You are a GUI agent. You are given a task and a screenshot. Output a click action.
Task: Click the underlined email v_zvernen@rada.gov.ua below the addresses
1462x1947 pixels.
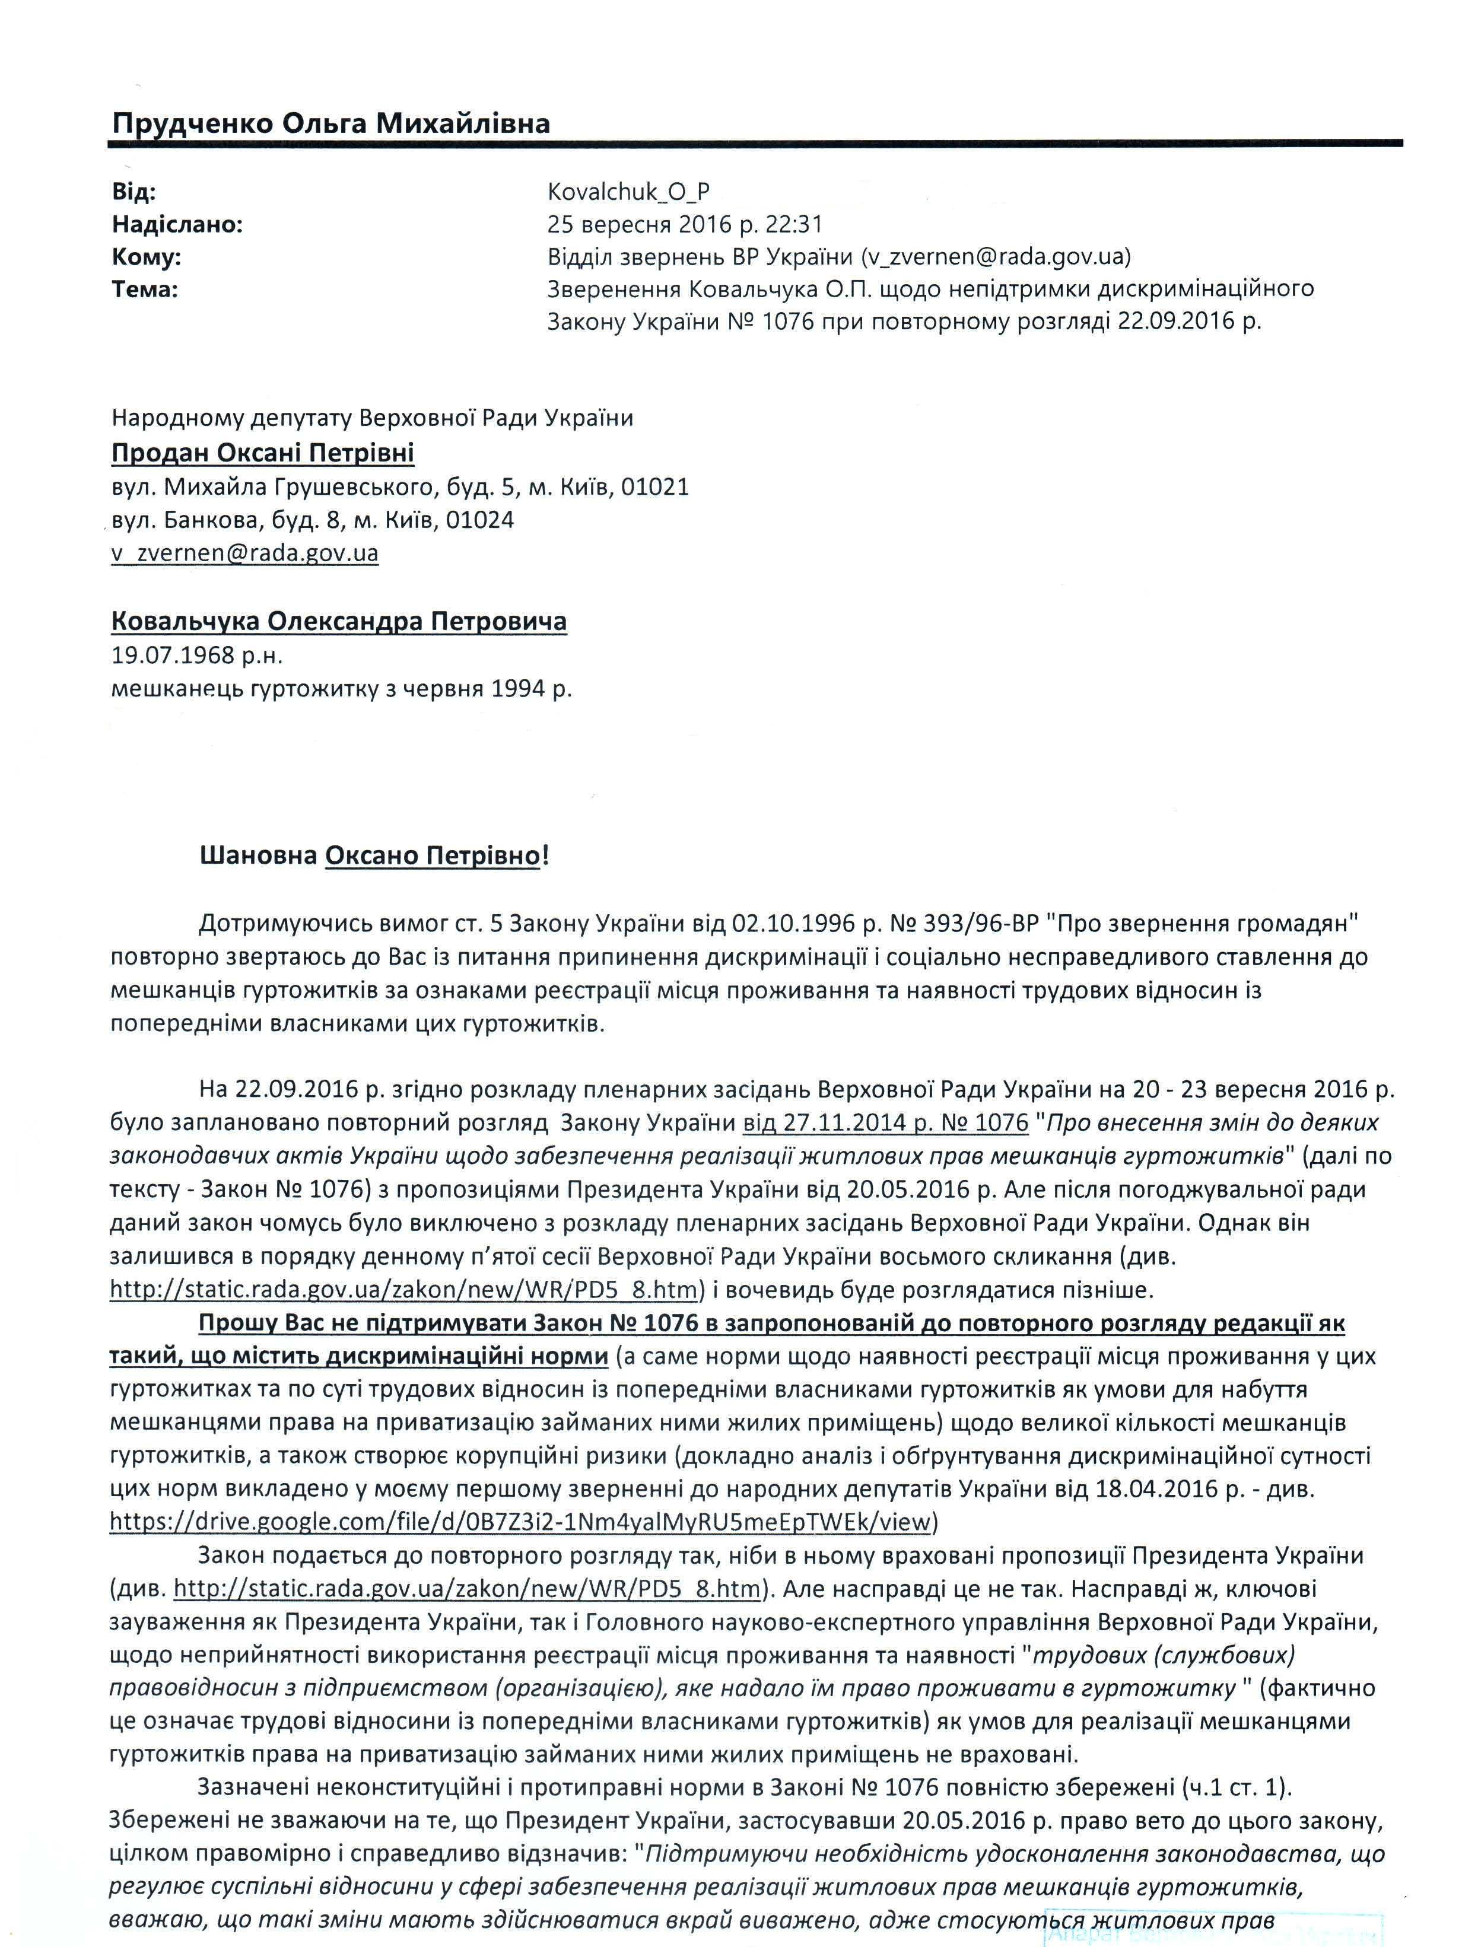click(x=244, y=553)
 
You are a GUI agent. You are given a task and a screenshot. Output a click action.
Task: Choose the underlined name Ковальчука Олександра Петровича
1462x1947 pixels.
click(x=339, y=622)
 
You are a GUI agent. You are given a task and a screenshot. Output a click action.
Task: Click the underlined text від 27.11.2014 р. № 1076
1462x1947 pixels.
click(x=885, y=1122)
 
